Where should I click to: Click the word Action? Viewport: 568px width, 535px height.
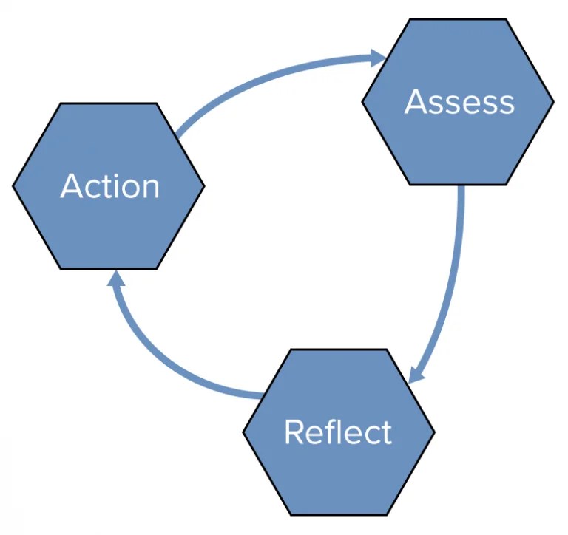[x=109, y=185]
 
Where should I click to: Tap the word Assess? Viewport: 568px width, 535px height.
[x=459, y=102]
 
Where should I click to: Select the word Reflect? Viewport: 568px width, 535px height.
[x=338, y=432]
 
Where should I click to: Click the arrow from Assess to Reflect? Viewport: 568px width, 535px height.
[x=453, y=281]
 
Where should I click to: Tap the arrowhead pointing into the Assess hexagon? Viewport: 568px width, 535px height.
[x=378, y=57]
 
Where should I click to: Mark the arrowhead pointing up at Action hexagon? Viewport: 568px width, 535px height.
[x=117, y=279]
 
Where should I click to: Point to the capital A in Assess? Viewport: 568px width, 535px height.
[x=418, y=102]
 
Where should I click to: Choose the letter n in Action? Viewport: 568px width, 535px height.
[x=151, y=188]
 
